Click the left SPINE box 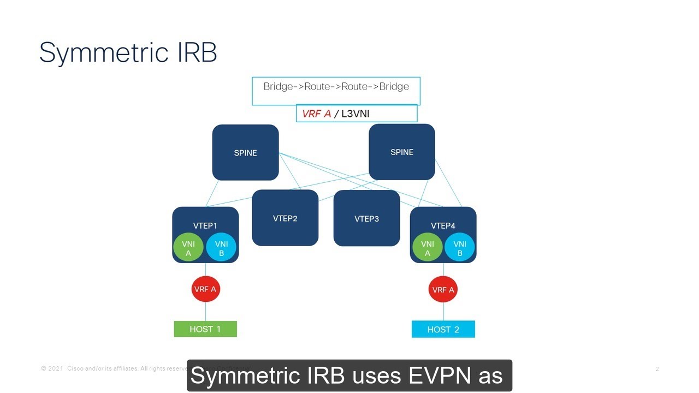(x=245, y=153)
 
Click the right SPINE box (x=402, y=152)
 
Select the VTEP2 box (x=285, y=218)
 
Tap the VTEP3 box (x=366, y=218)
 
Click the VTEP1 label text (x=205, y=225)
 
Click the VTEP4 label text (x=443, y=225)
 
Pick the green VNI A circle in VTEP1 (x=188, y=248)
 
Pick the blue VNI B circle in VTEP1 (x=221, y=248)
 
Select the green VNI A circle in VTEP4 (x=427, y=248)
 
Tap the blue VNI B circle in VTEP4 (x=460, y=248)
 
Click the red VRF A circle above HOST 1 (x=205, y=289)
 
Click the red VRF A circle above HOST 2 (x=443, y=290)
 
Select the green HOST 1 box (x=205, y=329)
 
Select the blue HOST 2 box (x=443, y=330)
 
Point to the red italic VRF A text (x=316, y=114)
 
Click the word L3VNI (x=355, y=114)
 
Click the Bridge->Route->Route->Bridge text (x=336, y=86)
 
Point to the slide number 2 (x=657, y=369)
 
